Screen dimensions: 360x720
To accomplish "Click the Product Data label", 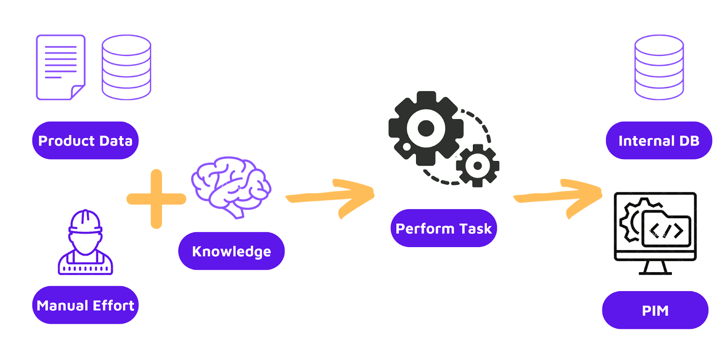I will point(85,140).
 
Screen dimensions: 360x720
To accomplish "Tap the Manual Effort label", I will point(85,305).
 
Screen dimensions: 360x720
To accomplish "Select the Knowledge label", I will point(231,251).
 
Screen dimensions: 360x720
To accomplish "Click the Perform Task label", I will point(444,228).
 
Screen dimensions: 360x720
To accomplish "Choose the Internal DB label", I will point(659,140).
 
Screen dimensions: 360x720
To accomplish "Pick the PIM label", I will point(655,310).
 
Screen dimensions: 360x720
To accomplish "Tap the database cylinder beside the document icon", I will point(126,67).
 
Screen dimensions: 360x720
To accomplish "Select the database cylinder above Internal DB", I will point(659,67).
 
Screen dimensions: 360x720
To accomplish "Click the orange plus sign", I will point(156,198).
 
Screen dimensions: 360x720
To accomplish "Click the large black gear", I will point(426,129).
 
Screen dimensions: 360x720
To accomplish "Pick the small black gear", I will point(477,166).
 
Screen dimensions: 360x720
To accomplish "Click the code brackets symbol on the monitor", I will point(666,231).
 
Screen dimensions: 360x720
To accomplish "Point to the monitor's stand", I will point(655,268).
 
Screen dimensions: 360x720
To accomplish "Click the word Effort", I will point(113,305).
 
